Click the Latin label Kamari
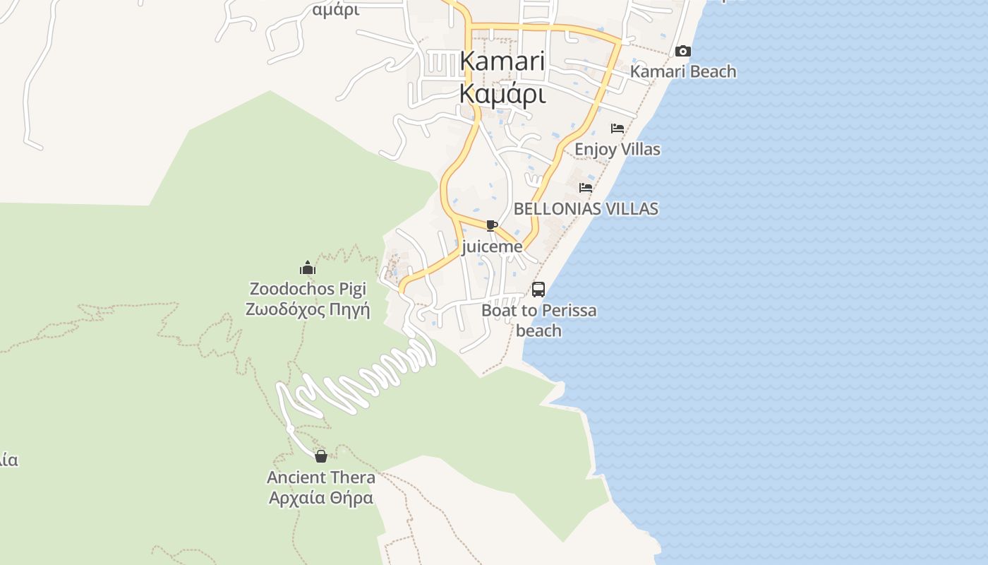(x=502, y=61)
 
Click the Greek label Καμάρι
(x=502, y=93)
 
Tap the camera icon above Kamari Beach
(x=682, y=51)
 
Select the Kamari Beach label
(x=682, y=71)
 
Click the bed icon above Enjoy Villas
(x=617, y=129)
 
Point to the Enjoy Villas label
(x=617, y=149)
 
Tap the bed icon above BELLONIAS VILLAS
(x=586, y=188)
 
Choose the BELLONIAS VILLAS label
(x=586, y=208)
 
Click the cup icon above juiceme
(x=492, y=226)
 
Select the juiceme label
(x=492, y=246)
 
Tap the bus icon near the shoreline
(x=538, y=289)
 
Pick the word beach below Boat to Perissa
(x=538, y=330)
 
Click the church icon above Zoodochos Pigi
(x=308, y=268)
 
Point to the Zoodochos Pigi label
(x=308, y=289)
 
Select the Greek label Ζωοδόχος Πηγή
(x=308, y=309)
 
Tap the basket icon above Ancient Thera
(x=321, y=456)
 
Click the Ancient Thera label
(x=321, y=477)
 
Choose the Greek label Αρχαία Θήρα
(x=321, y=498)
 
